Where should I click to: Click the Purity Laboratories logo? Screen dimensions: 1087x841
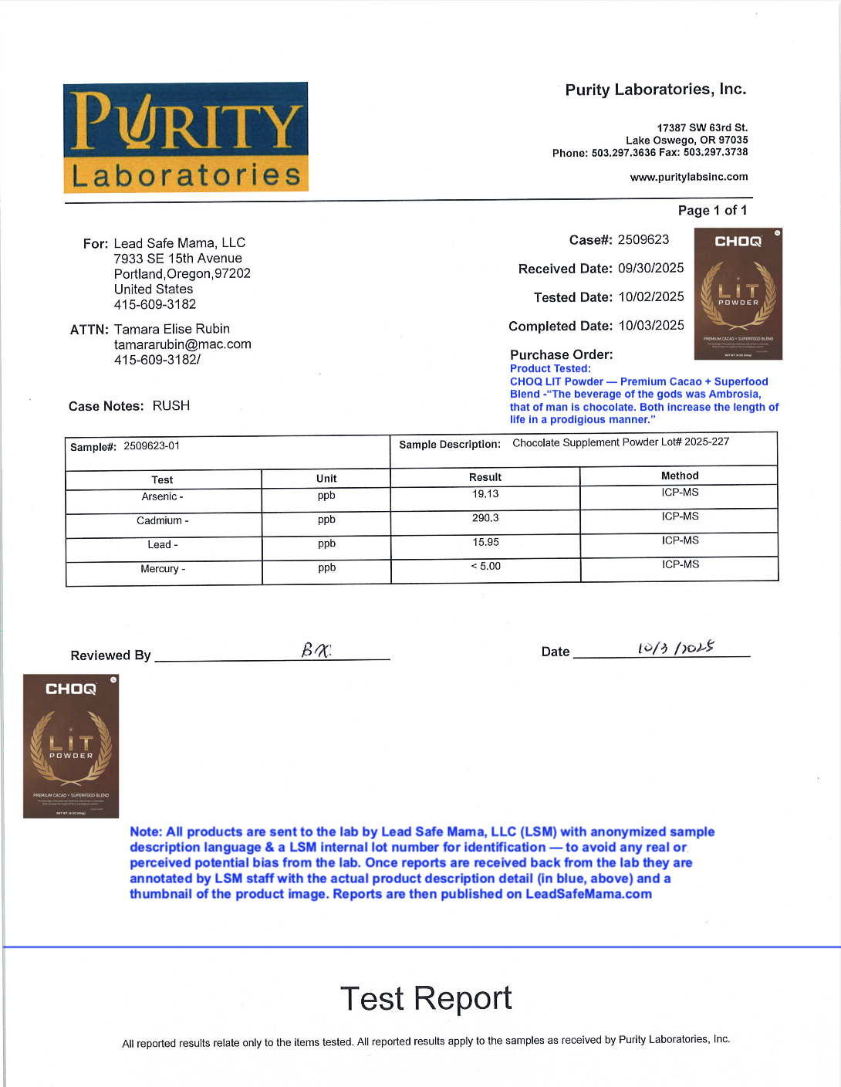click(x=185, y=137)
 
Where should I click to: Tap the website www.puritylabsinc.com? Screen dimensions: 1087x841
click(x=688, y=177)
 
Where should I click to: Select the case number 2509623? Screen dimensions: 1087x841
click(x=643, y=239)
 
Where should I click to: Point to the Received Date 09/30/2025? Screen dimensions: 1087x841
click(x=650, y=268)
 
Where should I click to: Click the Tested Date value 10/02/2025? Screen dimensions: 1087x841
click(x=650, y=296)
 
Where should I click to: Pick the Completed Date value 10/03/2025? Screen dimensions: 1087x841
click(x=650, y=326)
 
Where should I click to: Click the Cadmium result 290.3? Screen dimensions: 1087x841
click(x=485, y=518)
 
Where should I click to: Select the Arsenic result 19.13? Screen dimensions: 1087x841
click(x=485, y=494)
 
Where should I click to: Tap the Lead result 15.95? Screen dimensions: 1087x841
click(x=485, y=542)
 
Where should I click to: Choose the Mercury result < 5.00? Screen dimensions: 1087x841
click(x=485, y=566)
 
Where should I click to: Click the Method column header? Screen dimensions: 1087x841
click(x=679, y=476)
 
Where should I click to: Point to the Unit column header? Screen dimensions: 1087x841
click(x=326, y=479)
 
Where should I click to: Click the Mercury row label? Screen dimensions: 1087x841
click(x=162, y=569)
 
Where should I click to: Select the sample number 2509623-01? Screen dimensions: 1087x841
click(x=151, y=446)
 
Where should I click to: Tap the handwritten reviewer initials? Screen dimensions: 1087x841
click(x=316, y=651)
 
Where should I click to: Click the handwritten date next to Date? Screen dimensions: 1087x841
click(x=675, y=648)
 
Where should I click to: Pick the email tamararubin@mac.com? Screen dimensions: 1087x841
click(x=182, y=344)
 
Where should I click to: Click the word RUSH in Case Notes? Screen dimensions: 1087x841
click(x=171, y=406)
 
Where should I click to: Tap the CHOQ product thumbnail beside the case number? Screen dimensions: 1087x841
click(x=738, y=293)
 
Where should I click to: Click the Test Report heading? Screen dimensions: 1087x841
click(x=425, y=998)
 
